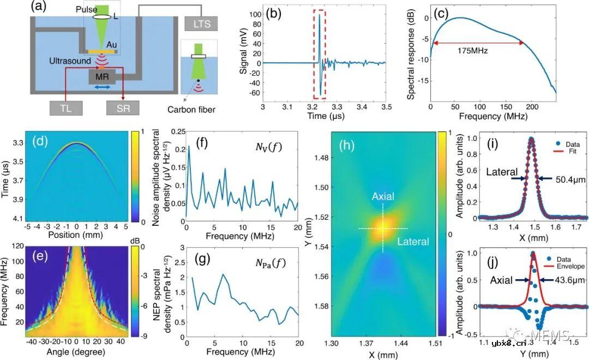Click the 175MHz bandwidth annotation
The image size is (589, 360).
coord(473,52)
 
